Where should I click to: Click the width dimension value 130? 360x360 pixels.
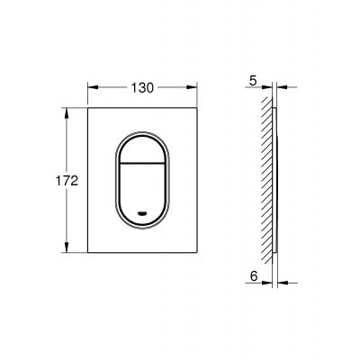point(142,87)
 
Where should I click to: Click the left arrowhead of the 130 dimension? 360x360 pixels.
point(92,87)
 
